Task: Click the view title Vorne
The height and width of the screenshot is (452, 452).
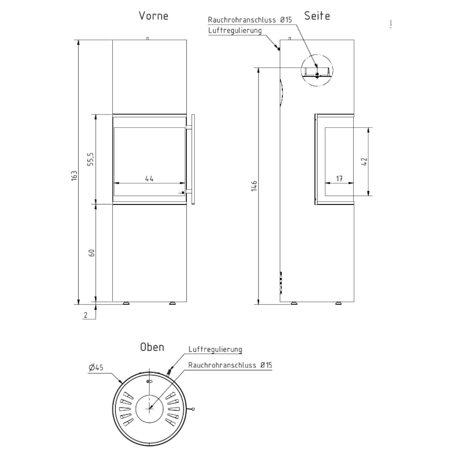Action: pyautogui.click(x=154, y=16)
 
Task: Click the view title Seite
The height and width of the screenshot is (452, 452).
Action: pyautogui.click(x=317, y=16)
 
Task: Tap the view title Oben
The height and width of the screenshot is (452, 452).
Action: pyautogui.click(x=152, y=347)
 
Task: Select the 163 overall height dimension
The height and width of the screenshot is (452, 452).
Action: pyautogui.click(x=74, y=176)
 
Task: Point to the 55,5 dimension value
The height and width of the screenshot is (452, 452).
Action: pyautogui.click(x=90, y=159)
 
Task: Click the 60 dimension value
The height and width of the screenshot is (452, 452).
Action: pyautogui.click(x=92, y=253)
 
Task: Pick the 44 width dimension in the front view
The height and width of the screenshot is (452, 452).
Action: pyautogui.click(x=149, y=179)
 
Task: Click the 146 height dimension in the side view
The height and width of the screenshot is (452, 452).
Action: pyautogui.click(x=254, y=186)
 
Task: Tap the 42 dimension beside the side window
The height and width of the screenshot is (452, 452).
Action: pyautogui.click(x=364, y=162)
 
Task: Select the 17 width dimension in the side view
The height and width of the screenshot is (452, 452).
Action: pyautogui.click(x=339, y=179)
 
